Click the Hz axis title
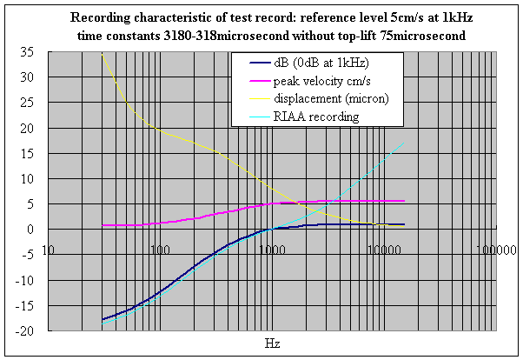(272, 344)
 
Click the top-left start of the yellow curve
(103, 54)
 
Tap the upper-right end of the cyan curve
(404, 142)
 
